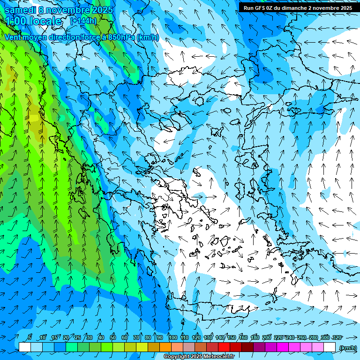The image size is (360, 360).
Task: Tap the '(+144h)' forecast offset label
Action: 83,21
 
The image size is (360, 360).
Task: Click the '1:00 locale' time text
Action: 33,21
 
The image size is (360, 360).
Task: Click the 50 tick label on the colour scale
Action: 113,337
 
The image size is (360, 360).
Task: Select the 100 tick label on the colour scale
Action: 172,337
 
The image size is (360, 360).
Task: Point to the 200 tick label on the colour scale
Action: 267,337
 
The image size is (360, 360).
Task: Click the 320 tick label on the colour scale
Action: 337,337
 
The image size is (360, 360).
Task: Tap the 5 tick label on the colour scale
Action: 30,337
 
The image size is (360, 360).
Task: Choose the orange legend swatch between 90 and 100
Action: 165,347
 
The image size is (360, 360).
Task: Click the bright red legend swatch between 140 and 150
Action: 224,347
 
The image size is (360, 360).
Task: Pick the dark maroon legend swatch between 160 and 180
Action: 247,347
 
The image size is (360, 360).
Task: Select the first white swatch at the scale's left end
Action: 25,347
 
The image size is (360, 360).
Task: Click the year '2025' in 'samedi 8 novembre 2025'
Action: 102,10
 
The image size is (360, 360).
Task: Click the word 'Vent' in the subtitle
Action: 14,37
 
